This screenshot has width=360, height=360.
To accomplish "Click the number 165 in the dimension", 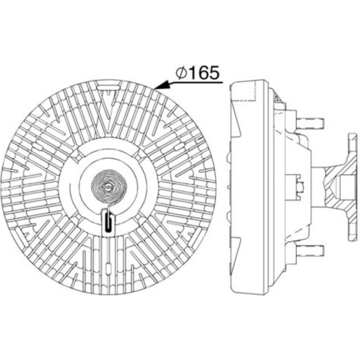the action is (x=203, y=73).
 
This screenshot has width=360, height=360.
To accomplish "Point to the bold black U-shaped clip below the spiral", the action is (x=108, y=222).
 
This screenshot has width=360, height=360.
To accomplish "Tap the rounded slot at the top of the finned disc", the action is (x=108, y=87).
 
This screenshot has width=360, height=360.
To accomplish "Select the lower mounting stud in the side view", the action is (x=310, y=251).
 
